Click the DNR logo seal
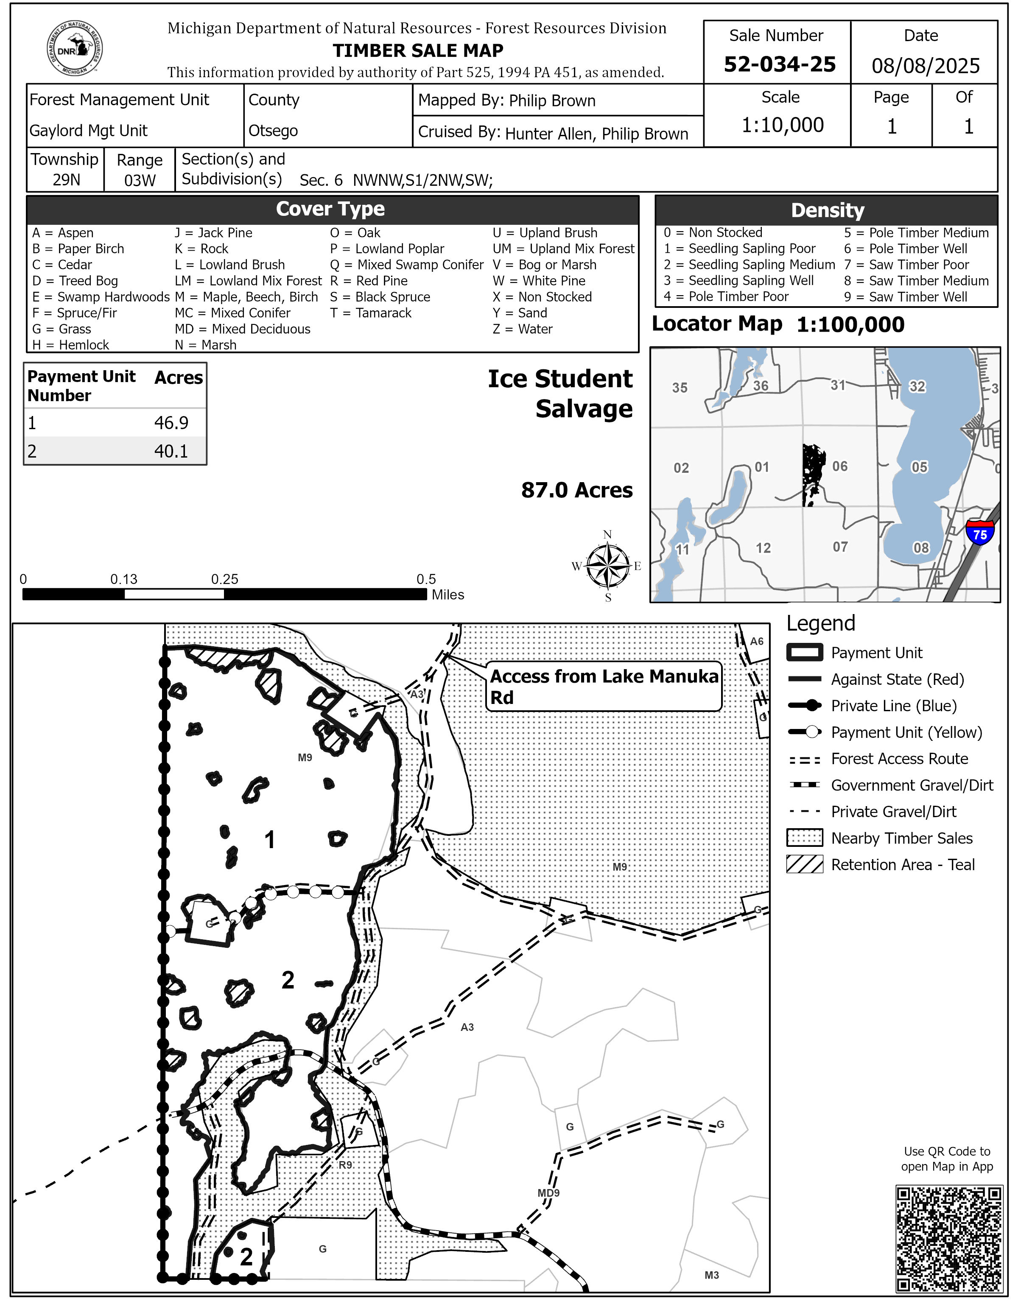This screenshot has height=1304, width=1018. pos(75,48)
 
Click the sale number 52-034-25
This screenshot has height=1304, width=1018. pos(779,64)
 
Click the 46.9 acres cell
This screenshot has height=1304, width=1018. pos(171,423)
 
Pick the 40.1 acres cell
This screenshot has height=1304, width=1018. pos(171,451)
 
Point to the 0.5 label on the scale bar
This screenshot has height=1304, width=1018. pos(426,579)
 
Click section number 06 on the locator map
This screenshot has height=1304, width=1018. pos(839,466)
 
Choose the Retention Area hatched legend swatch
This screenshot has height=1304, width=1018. pos(805,865)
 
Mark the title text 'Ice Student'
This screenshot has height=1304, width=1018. pos(559,379)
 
